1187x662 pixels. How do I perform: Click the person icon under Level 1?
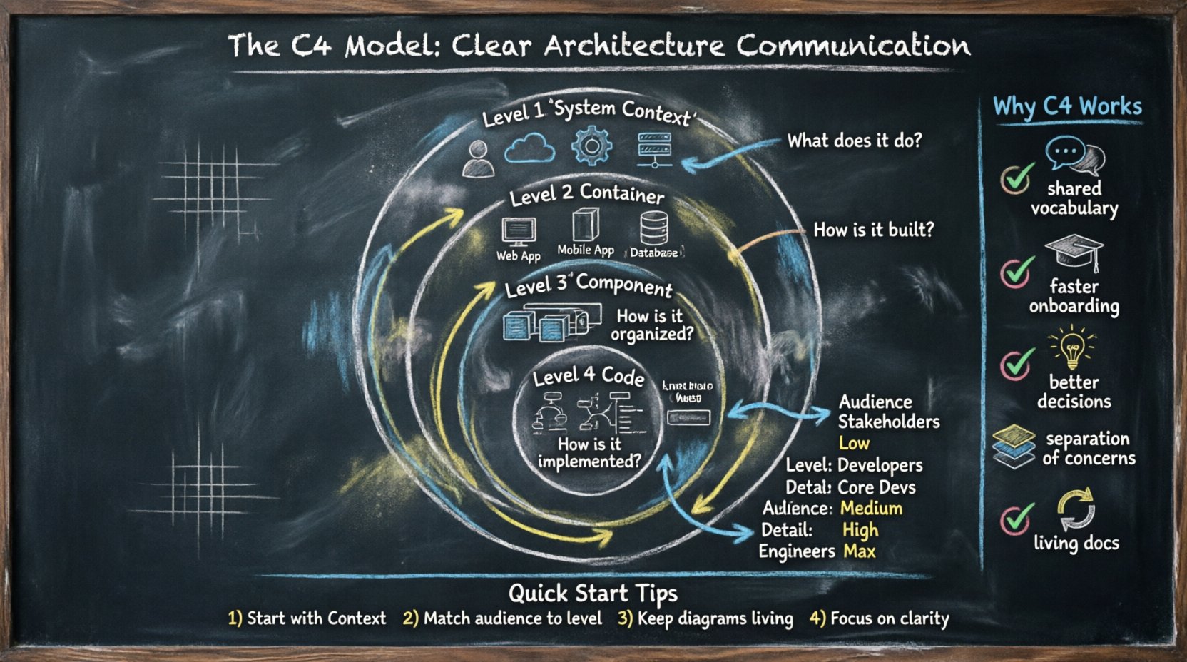[x=478, y=158]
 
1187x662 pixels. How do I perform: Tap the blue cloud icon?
[x=529, y=150]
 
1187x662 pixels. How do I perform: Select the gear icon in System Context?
[x=591, y=146]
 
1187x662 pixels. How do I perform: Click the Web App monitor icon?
[x=519, y=232]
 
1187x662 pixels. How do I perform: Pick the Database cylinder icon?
[x=653, y=228]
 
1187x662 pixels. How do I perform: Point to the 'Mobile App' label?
[x=585, y=250]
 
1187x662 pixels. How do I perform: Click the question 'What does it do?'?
[x=854, y=141]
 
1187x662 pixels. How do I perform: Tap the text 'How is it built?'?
[x=873, y=230]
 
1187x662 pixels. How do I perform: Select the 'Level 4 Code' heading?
[x=589, y=376]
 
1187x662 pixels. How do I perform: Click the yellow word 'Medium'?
[x=871, y=509]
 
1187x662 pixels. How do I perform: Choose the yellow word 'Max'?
[x=859, y=551]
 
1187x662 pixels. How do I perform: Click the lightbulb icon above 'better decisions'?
[x=1071, y=347]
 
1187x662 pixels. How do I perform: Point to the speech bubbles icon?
[x=1074, y=155]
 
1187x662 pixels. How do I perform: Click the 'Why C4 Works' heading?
[x=1067, y=107]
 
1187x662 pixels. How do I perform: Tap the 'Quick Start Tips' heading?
[x=593, y=593]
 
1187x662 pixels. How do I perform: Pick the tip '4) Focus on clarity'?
[x=879, y=618]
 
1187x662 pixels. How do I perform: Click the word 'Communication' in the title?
[x=853, y=46]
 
